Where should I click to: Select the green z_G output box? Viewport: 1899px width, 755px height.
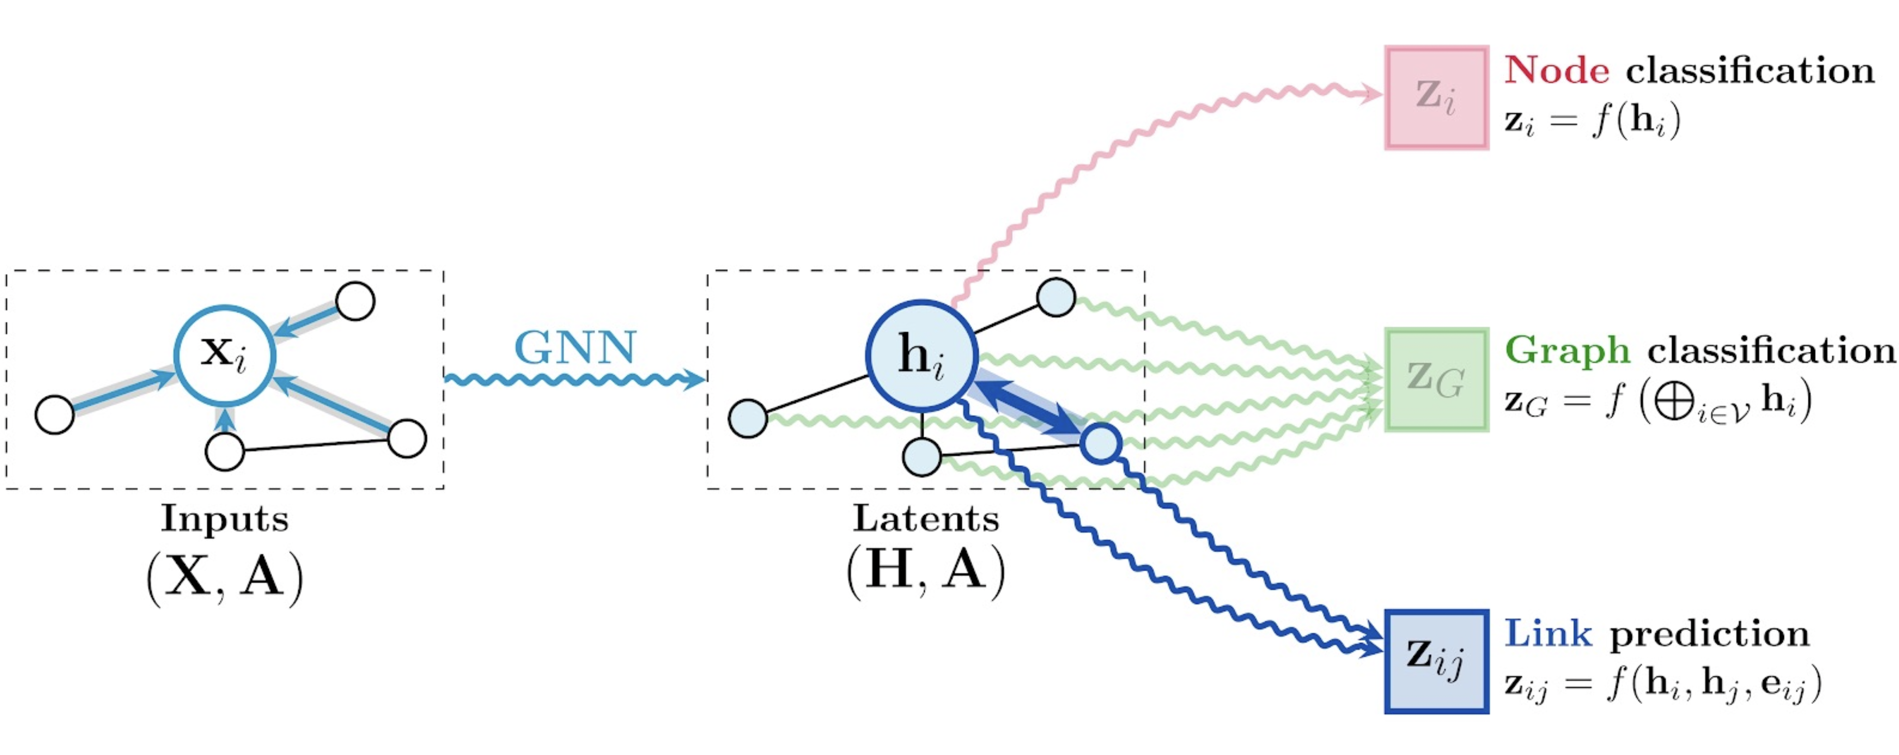[1436, 379]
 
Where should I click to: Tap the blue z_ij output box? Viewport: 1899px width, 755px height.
[1436, 662]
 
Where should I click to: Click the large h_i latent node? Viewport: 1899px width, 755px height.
[921, 356]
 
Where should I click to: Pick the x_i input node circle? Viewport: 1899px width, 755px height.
[225, 356]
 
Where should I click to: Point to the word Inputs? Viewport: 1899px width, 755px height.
[225, 519]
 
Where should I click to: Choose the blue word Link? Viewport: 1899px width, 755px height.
[1547, 634]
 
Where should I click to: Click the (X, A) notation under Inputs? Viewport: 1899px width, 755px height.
[225, 578]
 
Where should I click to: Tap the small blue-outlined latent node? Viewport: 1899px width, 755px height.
[1101, 443]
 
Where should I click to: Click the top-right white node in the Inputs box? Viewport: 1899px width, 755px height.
[355, 301]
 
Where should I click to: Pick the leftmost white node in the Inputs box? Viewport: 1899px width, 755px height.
[55, 415]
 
